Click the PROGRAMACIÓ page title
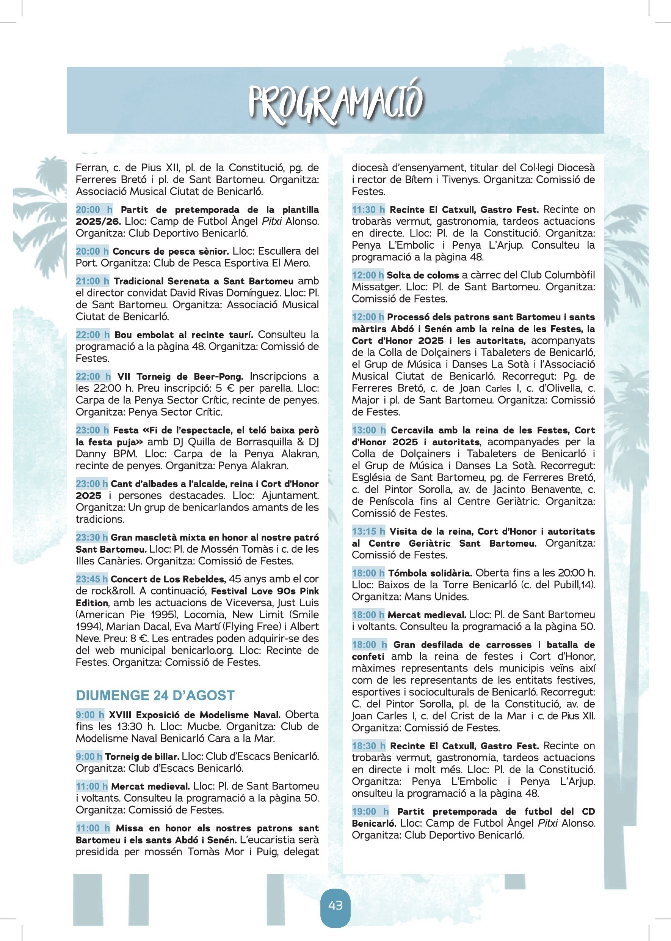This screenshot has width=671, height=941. [335, 102]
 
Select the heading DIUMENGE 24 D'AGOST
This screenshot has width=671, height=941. [155, 695]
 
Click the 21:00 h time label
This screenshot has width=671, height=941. [92, 281]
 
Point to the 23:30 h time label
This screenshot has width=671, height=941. [92, 537]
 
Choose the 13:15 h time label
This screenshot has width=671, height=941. [368, 531]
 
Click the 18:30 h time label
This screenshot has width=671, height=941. [368, 746]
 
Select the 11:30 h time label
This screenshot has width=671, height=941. [368, 209]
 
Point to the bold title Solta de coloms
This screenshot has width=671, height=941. [423, 275]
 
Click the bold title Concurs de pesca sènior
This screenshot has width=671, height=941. [171, 251]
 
